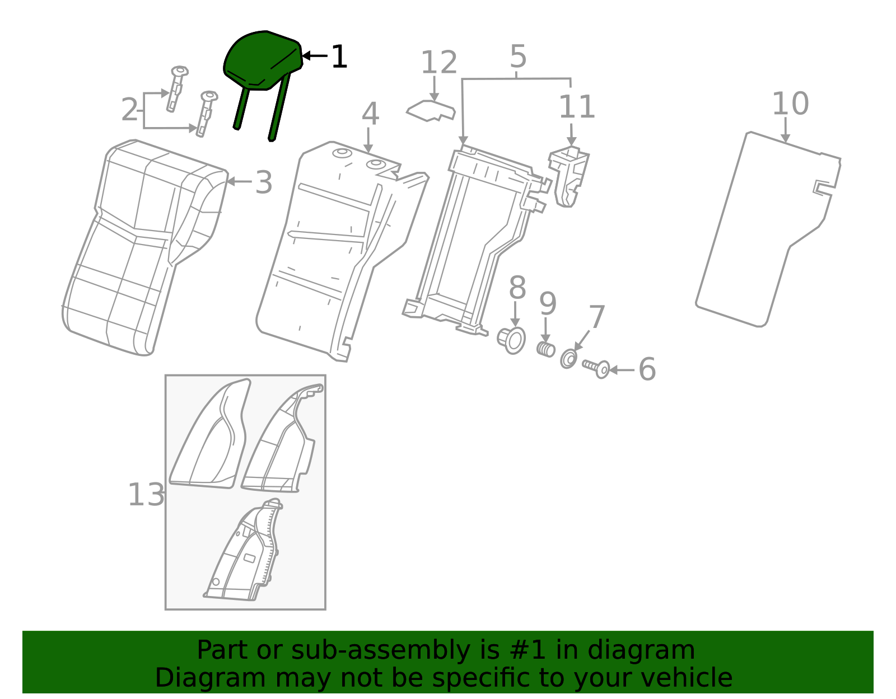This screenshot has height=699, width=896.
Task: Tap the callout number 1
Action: point(339,57)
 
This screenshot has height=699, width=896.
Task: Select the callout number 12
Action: point(438,63)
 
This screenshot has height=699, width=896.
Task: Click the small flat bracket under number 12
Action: point(430,110)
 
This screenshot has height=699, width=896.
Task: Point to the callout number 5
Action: point(518,57)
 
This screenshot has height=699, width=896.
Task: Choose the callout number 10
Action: point(790,104)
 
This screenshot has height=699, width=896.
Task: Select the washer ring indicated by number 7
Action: point(568,359)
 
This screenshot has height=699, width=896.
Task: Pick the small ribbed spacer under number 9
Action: point(545,349)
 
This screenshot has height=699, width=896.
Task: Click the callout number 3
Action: point(263,182)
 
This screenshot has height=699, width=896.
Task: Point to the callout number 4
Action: point(370,114)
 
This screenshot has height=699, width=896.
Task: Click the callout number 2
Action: point(129,110)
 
